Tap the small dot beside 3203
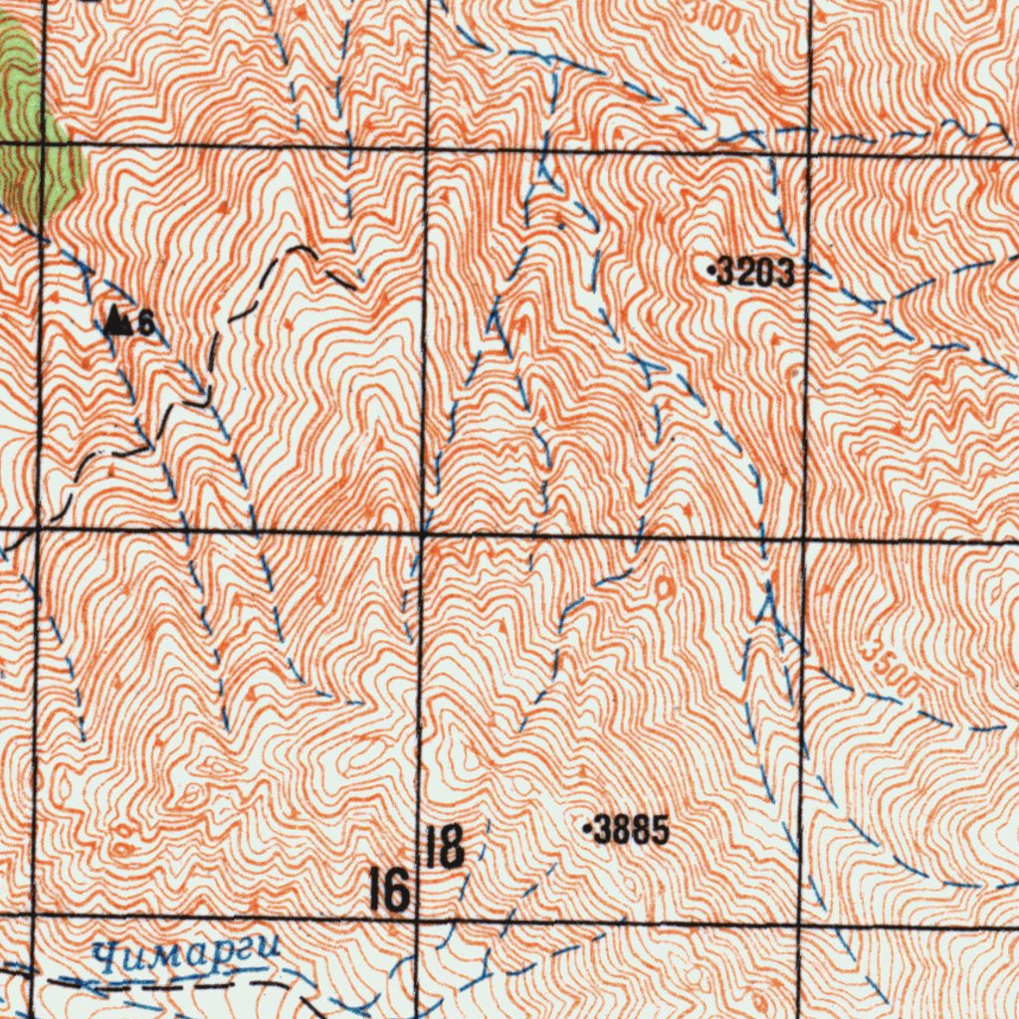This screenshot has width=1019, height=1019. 711,269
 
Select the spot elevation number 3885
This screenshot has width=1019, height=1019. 631,831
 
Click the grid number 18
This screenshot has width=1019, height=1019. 444,847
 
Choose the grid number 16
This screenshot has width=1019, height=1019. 388,890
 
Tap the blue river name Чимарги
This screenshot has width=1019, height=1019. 185,955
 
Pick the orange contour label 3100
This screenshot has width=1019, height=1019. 713,14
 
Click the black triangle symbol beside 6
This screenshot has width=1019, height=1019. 118,320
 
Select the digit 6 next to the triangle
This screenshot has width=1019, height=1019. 145,322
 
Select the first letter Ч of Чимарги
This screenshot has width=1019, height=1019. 104,957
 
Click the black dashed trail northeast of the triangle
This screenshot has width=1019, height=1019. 299,249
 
